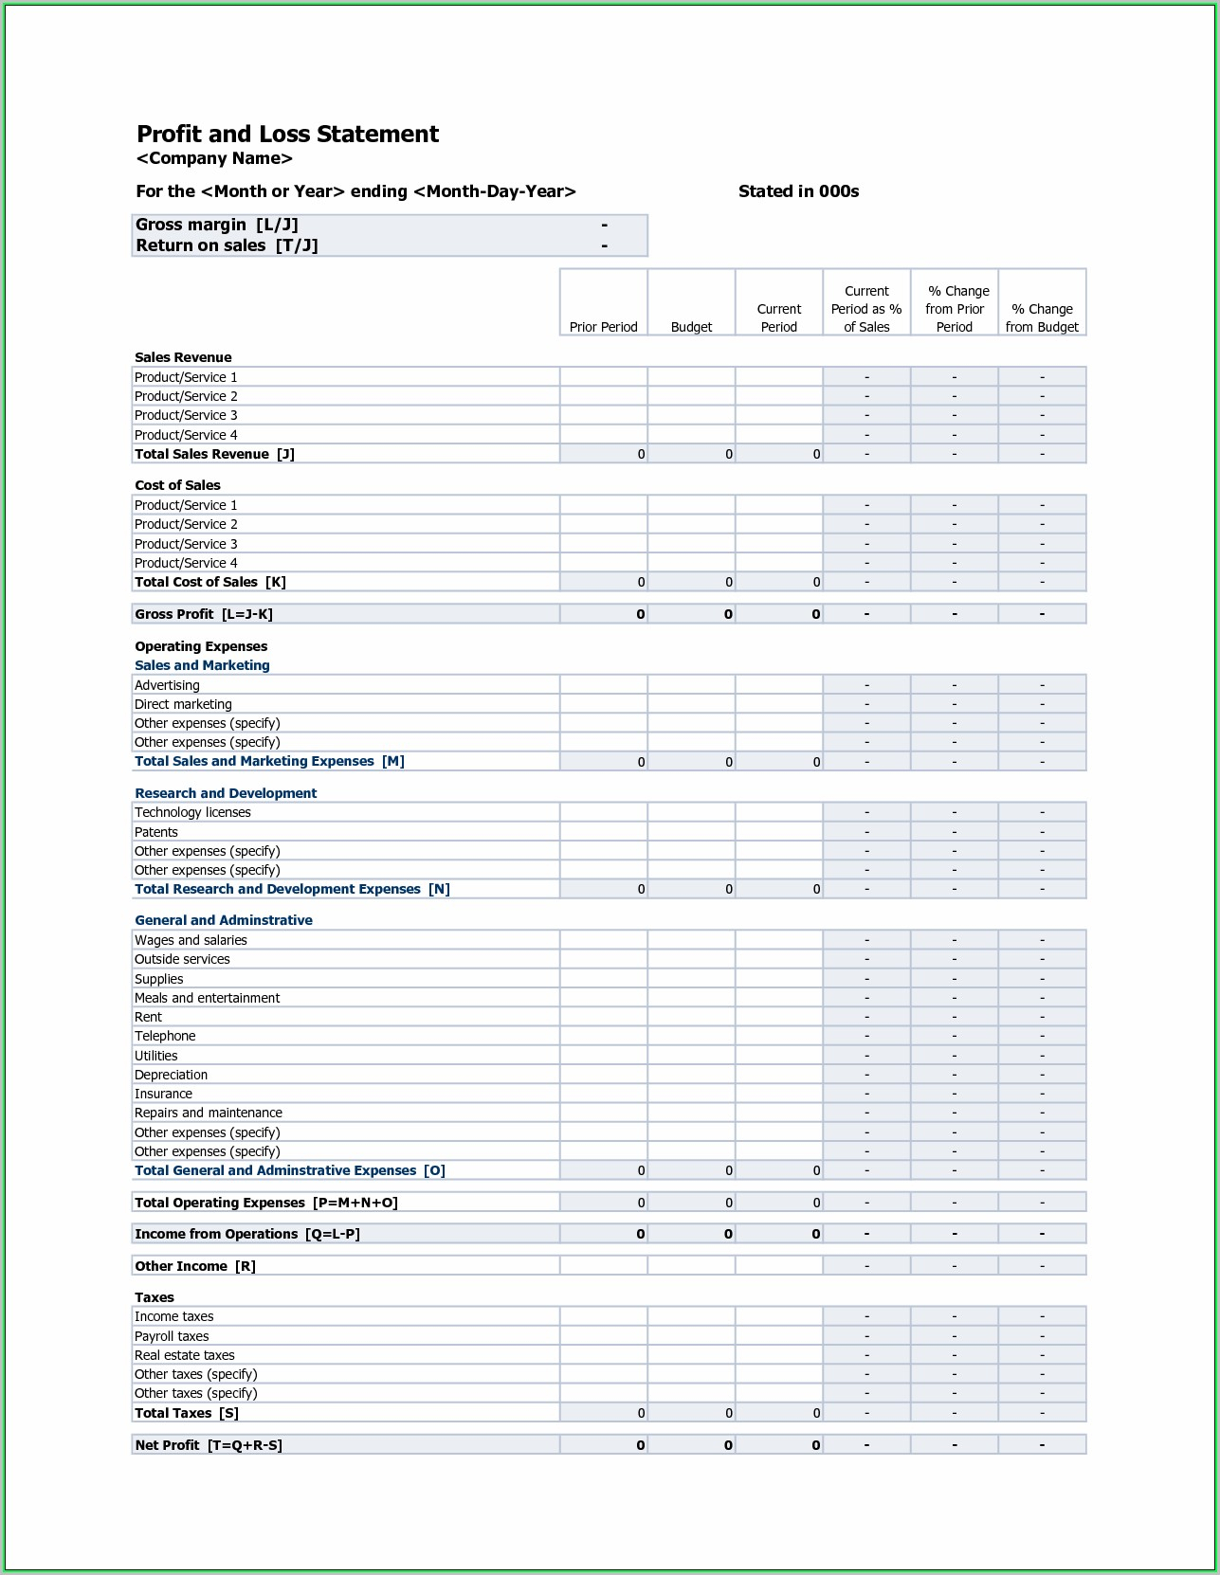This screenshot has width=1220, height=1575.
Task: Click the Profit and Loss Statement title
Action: pyautogui.click(x=287, y=134)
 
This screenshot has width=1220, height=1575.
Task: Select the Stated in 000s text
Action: pyautogui.click(x=798, y=191)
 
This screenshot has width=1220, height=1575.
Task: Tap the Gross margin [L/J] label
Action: pyautogui.click(x=217, y=225)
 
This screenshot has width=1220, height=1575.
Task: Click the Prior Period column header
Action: pyautogui.click(x=603, y=327)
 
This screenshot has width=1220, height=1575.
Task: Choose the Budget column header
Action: pyautogui.click(x=691, y=327)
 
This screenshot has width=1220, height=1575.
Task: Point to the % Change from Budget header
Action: pyautogui.click(x=1042, y=317)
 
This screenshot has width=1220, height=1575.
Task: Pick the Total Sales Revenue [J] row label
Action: pyautogui.click(x=214, y=454)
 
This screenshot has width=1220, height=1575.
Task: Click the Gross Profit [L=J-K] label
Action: pyautogui.click(x=204, y=614)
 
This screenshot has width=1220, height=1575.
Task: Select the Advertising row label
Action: pyautogui.click(x=167, y=685)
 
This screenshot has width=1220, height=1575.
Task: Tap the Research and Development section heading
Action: pyautogui.click(x=226, y=793)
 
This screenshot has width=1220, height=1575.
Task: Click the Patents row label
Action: pyautogui.click(x=156, y=832)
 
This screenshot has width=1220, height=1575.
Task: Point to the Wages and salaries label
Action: pyautogui.click(x=191, y=940)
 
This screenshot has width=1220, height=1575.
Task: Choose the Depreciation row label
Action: pyautogui.click(x=171, y=1075)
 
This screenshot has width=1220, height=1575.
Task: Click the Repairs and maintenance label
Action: pyautogui.click(x=209, y=1113)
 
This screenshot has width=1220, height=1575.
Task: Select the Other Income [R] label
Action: pyautogui.click(x=195, y=1266)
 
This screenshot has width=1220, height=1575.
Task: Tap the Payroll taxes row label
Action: pyautogui.click(x=172, y=1336)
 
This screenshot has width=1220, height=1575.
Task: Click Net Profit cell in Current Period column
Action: pyautogui.click(x=779, y=1445)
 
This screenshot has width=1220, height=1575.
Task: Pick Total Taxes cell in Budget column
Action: pyautogui.click(x=691, y=1413)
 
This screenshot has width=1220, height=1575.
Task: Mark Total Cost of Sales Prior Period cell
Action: pyautogui.click(x=604, y=582)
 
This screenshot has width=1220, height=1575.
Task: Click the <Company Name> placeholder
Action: pyautogui.click(x=214, y=158)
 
